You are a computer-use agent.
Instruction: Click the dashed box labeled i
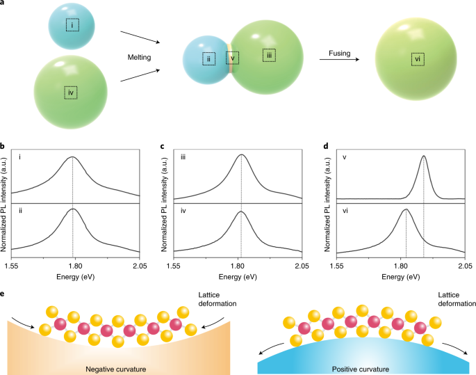[72, 24]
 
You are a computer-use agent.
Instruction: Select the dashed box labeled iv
[70, 92]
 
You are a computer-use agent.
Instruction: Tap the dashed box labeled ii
[208, 58]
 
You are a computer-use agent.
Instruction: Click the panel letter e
[3, 294]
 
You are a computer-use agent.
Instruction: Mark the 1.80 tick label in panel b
[75, 265]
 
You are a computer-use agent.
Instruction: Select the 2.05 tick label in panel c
[302, 265]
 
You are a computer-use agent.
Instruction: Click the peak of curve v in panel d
[423, 157]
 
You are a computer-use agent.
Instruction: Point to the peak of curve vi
[406, 209]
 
